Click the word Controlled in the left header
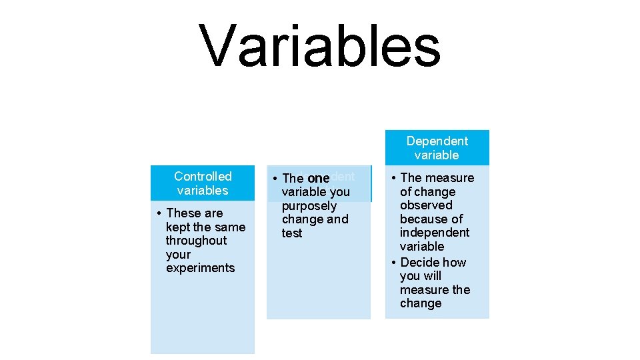[x=203, y=177]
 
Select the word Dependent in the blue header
[x=437, y=141]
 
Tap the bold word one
[x=319, y=179]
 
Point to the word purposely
[x=309, y=206]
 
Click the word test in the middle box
[x=292, y=233]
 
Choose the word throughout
[x=196, y=241]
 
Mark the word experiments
[x=201, y=268]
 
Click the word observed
[x=426, y=205]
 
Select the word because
[x=424, y=219]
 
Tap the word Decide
[x=419, y=263]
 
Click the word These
[x=184, y=213]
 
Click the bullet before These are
[x=159, y=213]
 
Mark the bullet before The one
[x=275, y=179]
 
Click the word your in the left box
[x=178, y=255]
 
